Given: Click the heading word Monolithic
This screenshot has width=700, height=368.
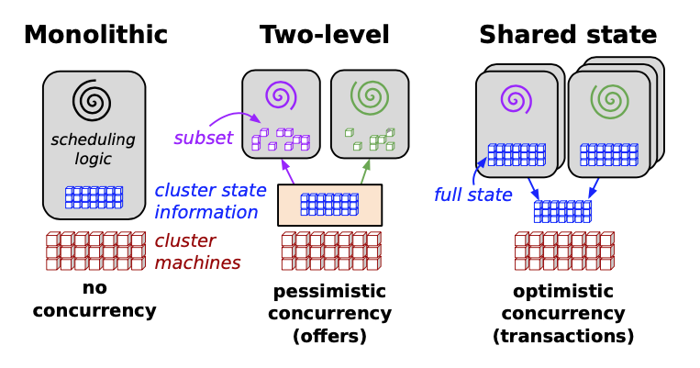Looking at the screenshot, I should tap(94, 35).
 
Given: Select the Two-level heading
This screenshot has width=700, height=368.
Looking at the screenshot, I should tap(324, 35).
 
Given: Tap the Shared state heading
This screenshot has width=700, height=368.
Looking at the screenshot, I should tap(567, 35).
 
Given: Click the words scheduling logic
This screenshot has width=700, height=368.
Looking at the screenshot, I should tap(93, 149).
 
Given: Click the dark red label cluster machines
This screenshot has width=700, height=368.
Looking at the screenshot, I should tap(198, 251).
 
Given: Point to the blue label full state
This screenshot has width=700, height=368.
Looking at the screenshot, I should tap(472, 195).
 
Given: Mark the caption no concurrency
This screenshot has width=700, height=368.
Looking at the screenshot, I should tap(94, 299).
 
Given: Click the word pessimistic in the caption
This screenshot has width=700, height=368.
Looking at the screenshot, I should tap(329, 292).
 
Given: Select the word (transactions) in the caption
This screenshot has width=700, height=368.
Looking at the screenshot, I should tap(563, 336).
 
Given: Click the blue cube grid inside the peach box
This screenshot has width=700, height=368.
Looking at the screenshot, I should tap(329, 204).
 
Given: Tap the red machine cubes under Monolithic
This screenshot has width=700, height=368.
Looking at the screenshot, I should tap(95, 251).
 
